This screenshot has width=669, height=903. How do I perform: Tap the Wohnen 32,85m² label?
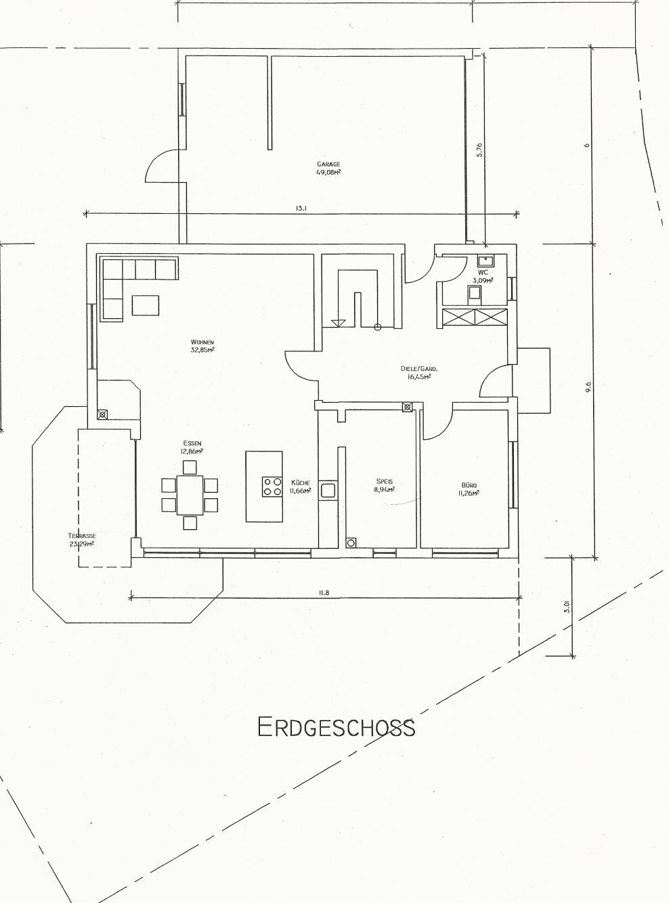click(202, 346)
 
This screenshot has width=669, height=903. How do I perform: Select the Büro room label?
click(469, 489)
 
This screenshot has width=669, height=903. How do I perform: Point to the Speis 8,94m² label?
click(385, 485)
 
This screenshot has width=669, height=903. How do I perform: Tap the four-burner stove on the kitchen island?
click(272, 486)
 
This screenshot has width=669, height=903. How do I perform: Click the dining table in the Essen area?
click(190, 494)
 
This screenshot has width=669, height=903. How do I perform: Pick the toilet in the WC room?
click(475, 294)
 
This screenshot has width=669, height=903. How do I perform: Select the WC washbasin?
click(485, 261)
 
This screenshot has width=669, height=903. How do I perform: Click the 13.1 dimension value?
click(301, 208)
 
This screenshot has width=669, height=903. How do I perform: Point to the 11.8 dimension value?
click(324, 593)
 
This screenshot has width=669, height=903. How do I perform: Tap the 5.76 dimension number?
click(479, 150)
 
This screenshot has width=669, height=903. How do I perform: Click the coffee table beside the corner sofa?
click(146, 305)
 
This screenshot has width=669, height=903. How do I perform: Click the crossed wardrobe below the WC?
click(475, 317)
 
